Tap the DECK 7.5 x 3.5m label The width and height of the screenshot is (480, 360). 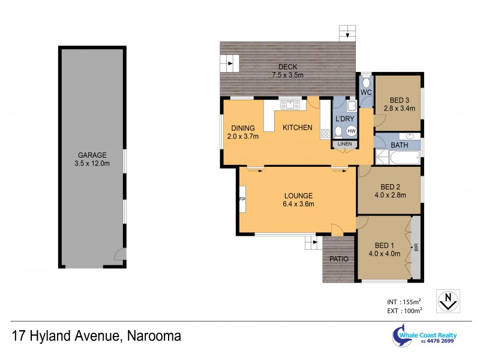[x=287, y=71]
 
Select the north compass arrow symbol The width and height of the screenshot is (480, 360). [x=446, y=299]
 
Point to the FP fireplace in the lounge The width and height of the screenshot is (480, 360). [x=242, y=199]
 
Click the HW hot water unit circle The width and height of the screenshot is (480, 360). [x=351, y=131]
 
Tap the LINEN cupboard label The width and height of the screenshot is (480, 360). [x=344, y=144]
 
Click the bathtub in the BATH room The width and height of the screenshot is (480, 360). [x=400, y=158]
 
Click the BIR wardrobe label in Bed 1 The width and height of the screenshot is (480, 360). [x=415, y=247]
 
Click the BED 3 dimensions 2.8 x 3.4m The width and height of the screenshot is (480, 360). [x=400, y=109]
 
